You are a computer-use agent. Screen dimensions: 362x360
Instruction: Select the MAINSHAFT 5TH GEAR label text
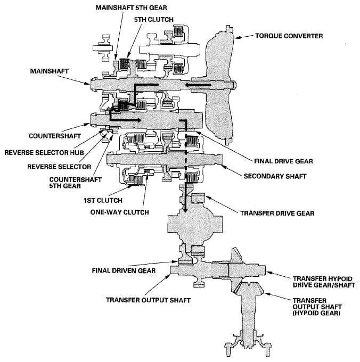[127, 9]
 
